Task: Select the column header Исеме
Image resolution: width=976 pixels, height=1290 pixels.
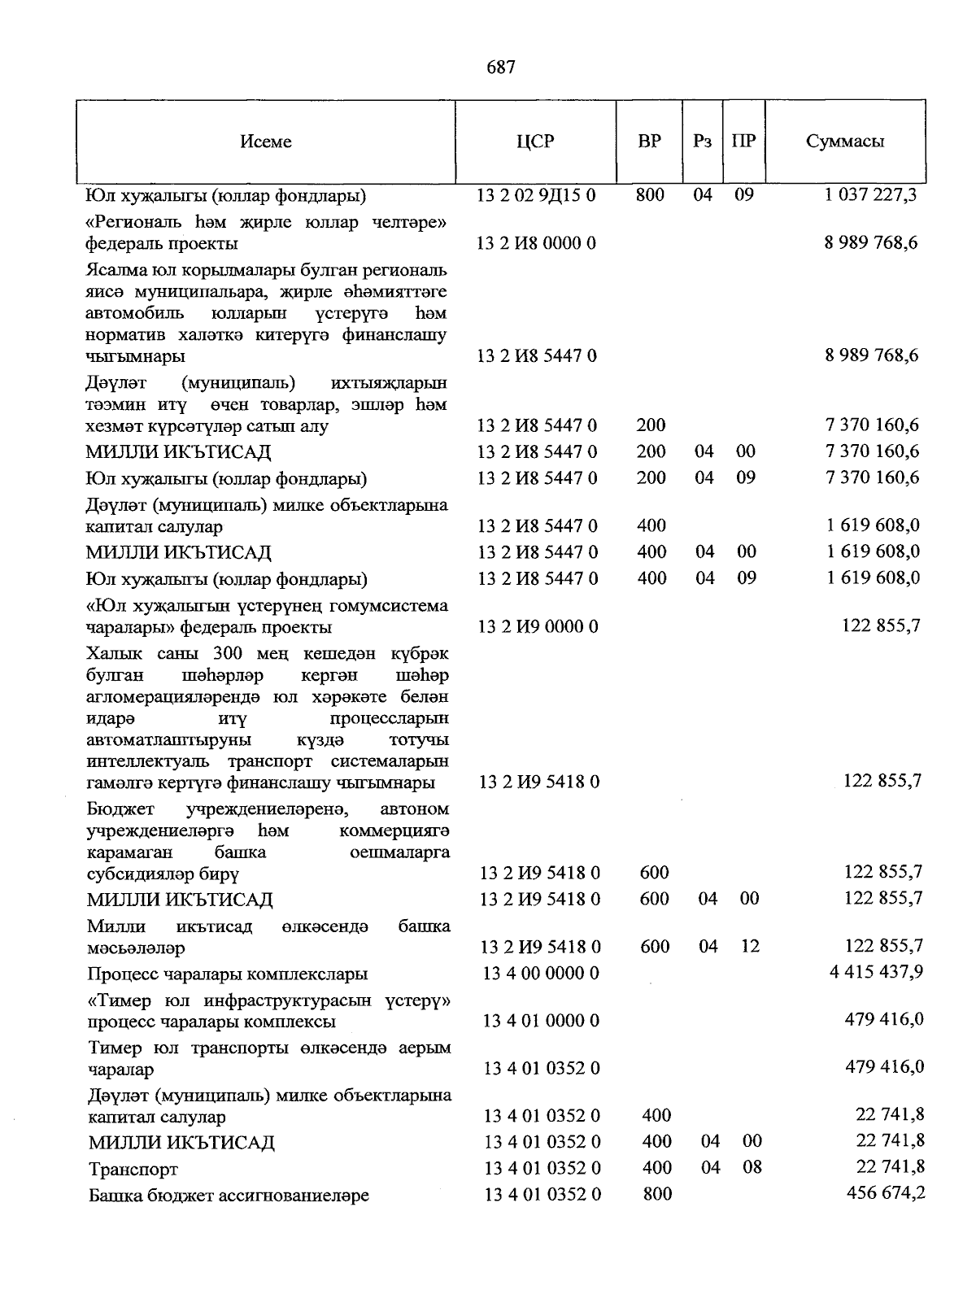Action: point(266,142)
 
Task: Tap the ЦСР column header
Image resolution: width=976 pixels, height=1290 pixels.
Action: point(535,142)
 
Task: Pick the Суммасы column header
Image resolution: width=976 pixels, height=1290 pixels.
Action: point(845,142)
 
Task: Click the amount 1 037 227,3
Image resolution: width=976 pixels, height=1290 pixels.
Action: point(871,195)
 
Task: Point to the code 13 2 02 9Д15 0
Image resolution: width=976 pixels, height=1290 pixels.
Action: point(536,195)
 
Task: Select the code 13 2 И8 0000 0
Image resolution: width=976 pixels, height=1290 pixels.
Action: point(537,243)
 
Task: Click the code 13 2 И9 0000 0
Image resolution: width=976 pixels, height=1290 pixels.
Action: point(538,627)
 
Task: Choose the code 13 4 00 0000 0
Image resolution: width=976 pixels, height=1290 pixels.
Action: point(541,974)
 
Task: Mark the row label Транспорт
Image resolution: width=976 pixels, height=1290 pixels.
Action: point(133,1170)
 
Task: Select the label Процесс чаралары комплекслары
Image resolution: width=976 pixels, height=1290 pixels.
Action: point(228,974)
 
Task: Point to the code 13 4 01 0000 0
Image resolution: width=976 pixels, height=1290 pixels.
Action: point(542,1021)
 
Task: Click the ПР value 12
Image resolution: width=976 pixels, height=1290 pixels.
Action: point(749,946)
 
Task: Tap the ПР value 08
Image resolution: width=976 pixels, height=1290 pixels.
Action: point(752,1167)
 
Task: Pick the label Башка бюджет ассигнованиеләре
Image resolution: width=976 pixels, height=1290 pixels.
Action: point(229,1196)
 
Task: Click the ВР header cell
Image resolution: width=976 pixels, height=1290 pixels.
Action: point(649,142)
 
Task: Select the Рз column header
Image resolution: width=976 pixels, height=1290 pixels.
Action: point(702,142)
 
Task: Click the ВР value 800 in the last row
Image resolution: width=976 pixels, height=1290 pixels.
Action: point(656,1193)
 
